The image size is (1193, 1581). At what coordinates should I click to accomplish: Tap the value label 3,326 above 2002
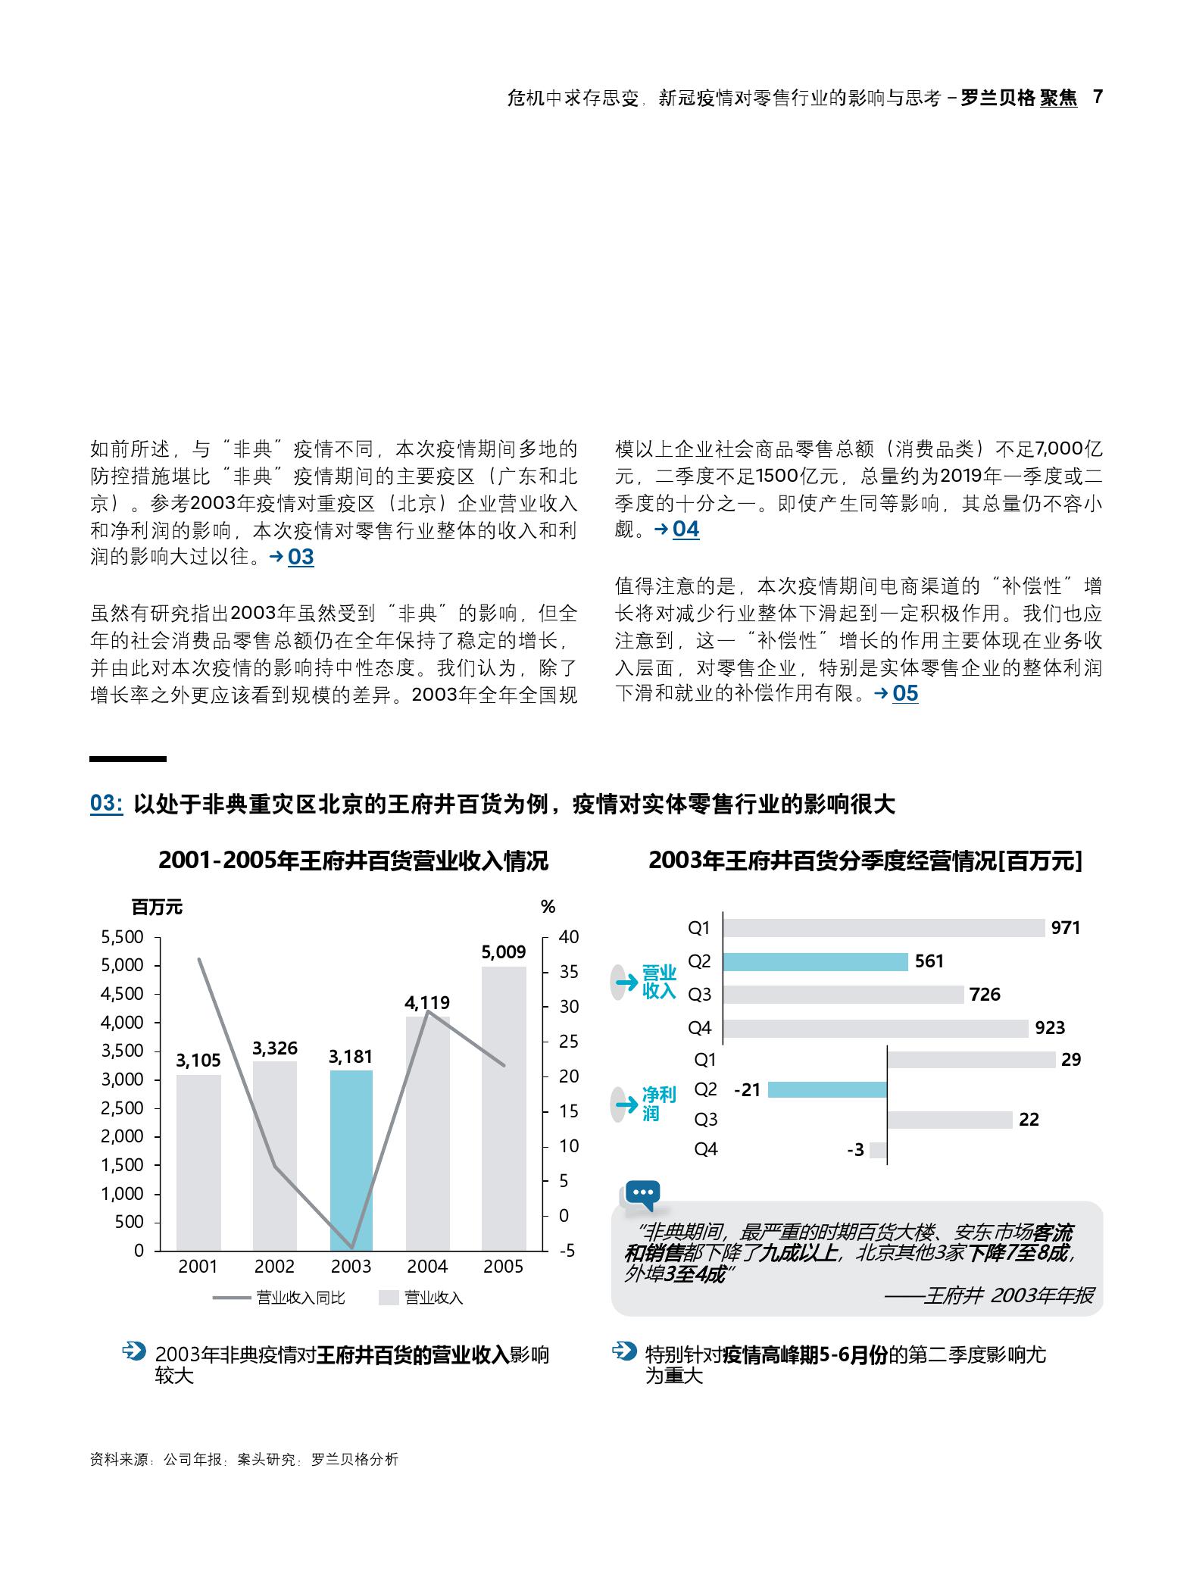tap(274, 1048)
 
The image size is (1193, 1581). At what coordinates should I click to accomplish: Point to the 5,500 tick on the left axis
tap(122, 937)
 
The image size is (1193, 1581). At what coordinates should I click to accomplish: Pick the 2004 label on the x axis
tap(427, 1267)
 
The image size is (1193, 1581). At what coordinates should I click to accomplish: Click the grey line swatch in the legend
tap(232, 1298)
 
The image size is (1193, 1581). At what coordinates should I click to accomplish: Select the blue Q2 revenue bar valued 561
tap(815, 961)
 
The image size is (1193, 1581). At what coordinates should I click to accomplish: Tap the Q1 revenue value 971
tap(1065, 928)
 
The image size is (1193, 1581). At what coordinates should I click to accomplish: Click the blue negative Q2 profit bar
tap(826, 1089)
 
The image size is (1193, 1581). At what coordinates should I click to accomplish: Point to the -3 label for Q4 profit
tap(855, 1150)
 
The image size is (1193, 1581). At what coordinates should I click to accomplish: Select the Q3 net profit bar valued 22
tap(949, 1120)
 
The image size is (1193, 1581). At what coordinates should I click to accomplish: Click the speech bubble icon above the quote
tap(642, 1195)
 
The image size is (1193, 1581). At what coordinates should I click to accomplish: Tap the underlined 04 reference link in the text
tap(686, 529)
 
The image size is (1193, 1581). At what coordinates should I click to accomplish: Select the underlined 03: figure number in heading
tap(106, 804)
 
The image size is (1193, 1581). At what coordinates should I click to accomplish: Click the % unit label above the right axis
tap(548, 907)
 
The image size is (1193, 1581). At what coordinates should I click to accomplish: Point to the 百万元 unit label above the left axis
tap(157, 907)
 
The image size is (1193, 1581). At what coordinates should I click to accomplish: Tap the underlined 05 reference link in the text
tap(905, 693)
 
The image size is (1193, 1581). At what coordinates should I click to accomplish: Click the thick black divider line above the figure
tap(128, 758)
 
